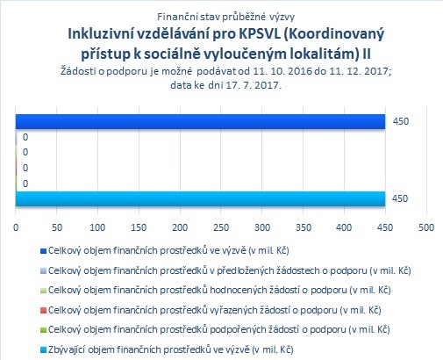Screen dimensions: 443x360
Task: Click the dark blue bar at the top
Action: [200, 121]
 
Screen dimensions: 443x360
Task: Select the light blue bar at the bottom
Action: [200, 198]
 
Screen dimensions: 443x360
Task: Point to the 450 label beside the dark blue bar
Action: [401, 121]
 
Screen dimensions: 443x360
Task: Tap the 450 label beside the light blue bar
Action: [400, 198]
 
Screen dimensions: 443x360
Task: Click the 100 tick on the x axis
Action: [97, 227]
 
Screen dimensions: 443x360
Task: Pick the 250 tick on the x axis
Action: [221, 227]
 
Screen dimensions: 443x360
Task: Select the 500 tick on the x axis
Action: [426, 227]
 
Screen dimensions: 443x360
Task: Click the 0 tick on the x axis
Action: [16, 227]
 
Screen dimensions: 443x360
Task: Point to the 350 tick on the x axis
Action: [304, 227]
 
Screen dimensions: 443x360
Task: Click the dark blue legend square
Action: [43, 251]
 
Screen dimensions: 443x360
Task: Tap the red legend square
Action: [43, 311]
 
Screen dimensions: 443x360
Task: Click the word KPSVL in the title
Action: [259, 34]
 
